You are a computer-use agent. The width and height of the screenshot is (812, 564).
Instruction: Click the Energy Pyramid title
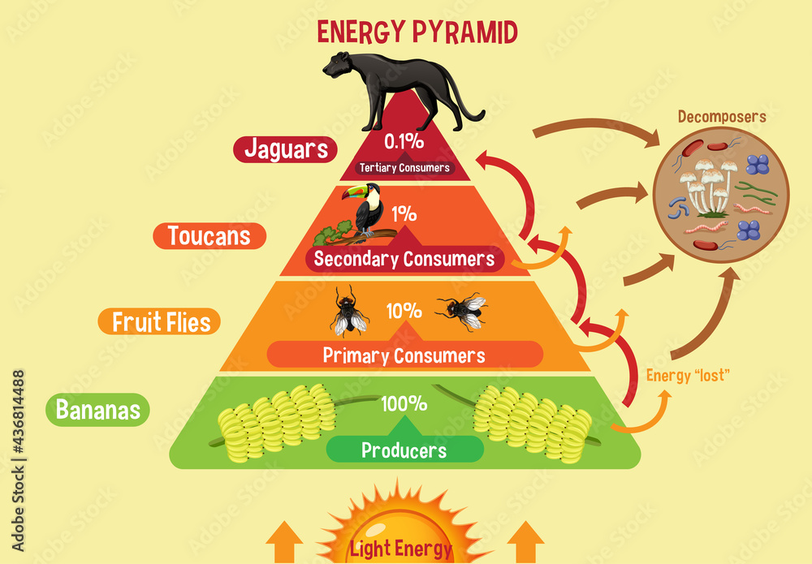[x=417, y=32]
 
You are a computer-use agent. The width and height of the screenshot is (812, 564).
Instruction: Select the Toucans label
[x=209, y=236]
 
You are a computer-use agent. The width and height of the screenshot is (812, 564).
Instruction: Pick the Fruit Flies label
[x=160, y=321]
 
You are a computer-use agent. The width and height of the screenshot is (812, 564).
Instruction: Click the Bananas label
[x=98, y=410]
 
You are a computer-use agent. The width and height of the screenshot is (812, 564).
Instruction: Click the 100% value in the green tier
[x=404, y=403]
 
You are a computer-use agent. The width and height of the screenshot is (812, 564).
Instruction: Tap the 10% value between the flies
[x=404, y=311]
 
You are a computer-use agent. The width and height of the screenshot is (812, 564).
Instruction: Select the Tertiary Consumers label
[x=404, y=168]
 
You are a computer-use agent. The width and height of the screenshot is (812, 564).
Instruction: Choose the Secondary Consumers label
[x=404, y=260]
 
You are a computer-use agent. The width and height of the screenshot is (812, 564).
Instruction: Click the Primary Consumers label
[x=404, y=355]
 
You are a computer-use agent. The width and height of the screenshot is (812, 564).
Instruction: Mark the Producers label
[x=404, y=450]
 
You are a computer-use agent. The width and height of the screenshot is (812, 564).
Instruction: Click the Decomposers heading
[x=722, y=117]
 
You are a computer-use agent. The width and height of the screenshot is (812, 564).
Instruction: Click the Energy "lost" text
[x=689, y=375]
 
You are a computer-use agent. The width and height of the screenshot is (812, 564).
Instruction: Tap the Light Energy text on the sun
[x=400, y=549]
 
